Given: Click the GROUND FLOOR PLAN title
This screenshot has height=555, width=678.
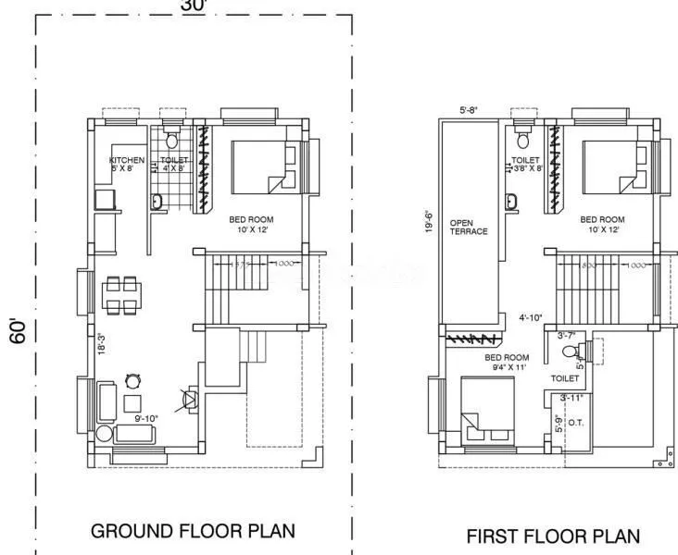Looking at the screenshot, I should coord(193,531).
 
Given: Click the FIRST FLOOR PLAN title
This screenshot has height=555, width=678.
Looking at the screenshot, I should coord(552,536).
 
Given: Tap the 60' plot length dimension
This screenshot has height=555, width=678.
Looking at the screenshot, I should coord(16,330).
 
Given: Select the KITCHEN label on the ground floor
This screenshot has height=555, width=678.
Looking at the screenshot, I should coord(126,164).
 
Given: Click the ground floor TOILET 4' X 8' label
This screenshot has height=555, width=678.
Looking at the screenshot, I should coord(174,164).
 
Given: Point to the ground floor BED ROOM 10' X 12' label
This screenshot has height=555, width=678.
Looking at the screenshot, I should coord(251,224).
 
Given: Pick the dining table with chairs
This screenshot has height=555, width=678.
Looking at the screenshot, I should coord(121,295).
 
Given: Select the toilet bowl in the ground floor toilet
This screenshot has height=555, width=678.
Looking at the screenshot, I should coord(170,141).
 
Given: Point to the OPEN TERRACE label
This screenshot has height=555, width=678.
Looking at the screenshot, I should coord(468,227).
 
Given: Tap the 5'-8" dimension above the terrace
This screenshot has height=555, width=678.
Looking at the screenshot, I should coord(471,112).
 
